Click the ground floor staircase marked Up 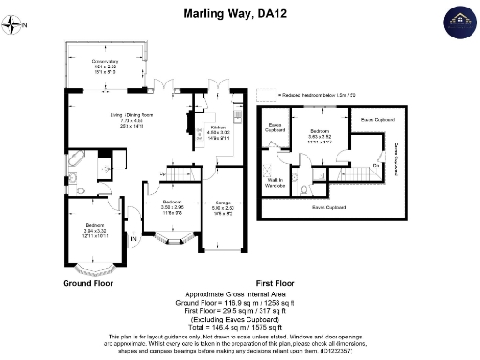click(178, 174)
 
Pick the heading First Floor click(276, 282)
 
